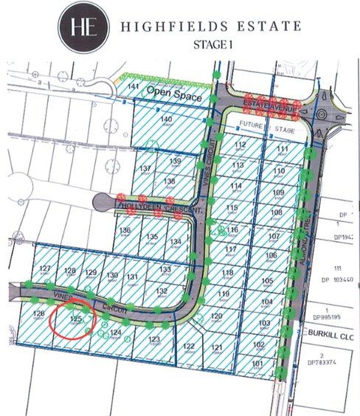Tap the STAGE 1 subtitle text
pyautogui.click(x=212, y=44)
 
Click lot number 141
pyautogui.click(x=134, y=88)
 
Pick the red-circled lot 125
pyautogui.click(x=75, y=319)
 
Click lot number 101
pyautogui.click(x=257, y=364)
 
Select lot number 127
pyautogui.click(x=46, y=268)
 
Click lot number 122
pyautogui.click(x=188, y=346)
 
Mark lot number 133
pyautogui.click(x=165, y=271)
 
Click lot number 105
pyautogui.click(x=267, y=281)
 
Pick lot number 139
pyautogui.click(x=175, y=161)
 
